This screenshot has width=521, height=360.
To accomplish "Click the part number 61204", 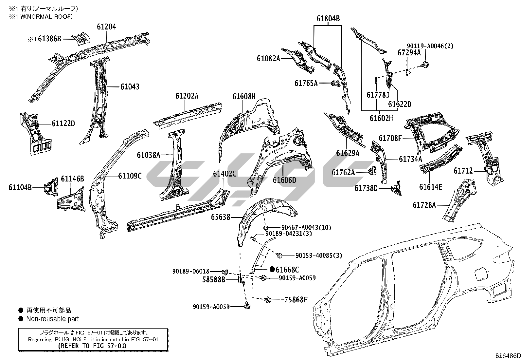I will coord(106,27).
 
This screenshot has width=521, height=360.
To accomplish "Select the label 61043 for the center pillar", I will coord(130,87).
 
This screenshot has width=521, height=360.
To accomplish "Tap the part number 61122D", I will coord(63,123).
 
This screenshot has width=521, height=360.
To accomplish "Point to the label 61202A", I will coord(187,96).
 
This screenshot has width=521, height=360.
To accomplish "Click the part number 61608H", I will coord(244,96).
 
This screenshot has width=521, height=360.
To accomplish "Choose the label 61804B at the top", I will coord(328,19).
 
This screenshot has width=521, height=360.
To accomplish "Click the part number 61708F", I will coord(390,138).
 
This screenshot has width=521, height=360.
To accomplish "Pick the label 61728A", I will coord(424,205).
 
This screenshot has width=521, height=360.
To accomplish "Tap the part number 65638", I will coord(221,217).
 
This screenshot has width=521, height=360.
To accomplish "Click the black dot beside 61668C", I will coord(272,269).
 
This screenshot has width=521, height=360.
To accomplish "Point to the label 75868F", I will coord(296,299).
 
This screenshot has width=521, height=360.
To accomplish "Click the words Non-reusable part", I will coord(53,319).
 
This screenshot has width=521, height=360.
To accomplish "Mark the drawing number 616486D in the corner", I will coord(508,356).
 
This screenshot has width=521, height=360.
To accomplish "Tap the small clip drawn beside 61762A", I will coord(372,172).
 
